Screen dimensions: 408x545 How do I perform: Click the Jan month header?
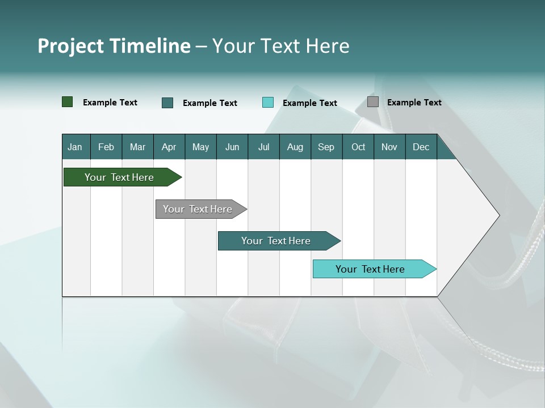pyautogui.click(x=76, y=147)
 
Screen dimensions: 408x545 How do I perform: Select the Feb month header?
pyautogui.click(x=106, y=147)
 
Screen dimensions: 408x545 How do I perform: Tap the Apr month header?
pyautogui.click(x=169, y=147)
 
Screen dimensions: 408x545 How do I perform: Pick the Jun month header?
pyautogui.click(x=232, y=147)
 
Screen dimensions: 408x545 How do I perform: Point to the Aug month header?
pyautogui.click(x=295, y=147)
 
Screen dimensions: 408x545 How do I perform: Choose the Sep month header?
pyautogui.click(x=326, y=147)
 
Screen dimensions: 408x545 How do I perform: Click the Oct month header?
pyautogui.click(x=358, y=147)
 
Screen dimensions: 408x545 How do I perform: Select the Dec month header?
pyautogui.click(x=421, y=147)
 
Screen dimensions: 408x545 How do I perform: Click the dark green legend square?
pyautogui.click(x=68, y=102)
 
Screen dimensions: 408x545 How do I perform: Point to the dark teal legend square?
pyautogui.click(x=167, y=103)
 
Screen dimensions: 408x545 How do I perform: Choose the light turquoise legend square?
pyautogui.click(x=268, y=103)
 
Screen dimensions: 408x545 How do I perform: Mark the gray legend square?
pyautogui.click(x=373, y=102)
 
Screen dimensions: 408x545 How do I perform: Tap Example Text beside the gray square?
pyautogui.click(x=414, y=103)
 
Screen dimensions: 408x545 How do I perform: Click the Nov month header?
pyautogui.click(x=389, y=147)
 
